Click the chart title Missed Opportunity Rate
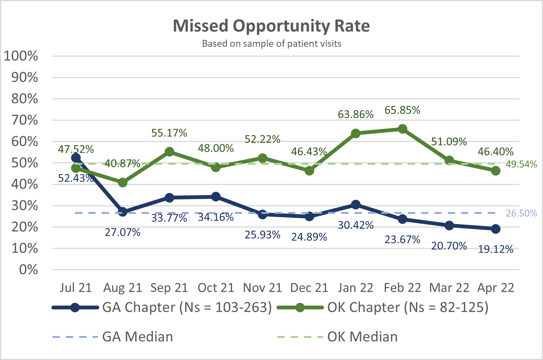(271, 26)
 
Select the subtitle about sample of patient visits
(271, 44)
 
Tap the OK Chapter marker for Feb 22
(402, 129)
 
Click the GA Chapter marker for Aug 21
(122, 212)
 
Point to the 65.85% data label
(402, 110)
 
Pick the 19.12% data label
(496, 249)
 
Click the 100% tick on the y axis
(21, 56)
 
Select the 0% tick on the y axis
(29, 270)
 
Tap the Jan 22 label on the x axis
(356, 288)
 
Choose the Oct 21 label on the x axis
(216, 288)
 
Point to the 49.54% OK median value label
(521, 164)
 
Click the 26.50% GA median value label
(521, 213)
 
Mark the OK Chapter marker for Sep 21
(169, 152)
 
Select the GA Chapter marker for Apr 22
(495, 229)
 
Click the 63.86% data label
(356, 115)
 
